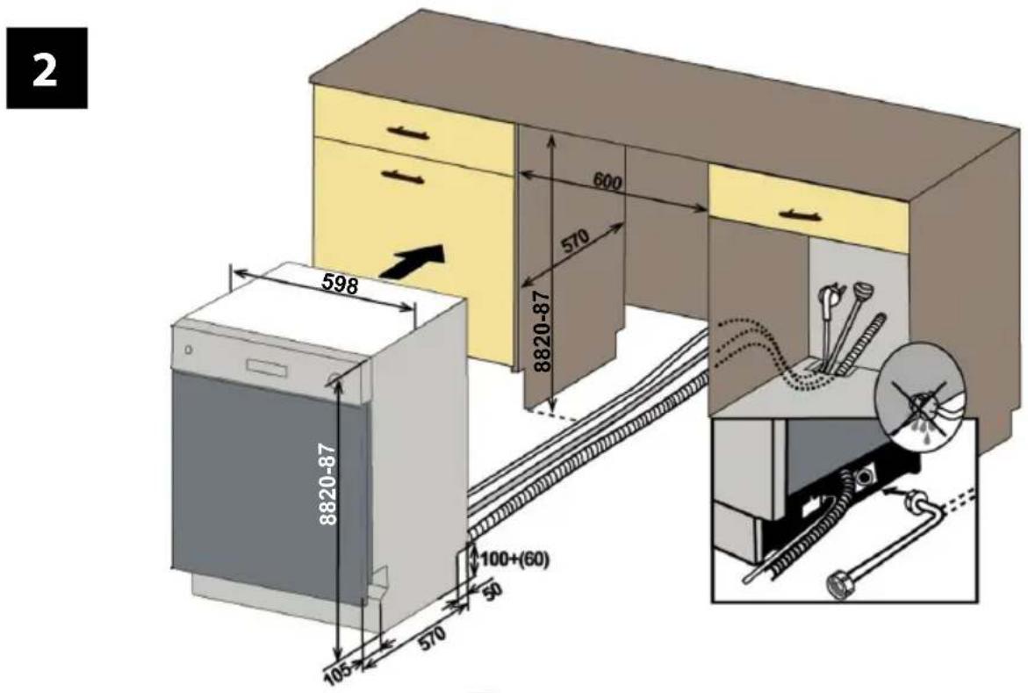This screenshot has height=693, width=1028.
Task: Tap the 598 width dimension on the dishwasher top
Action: tap(341, 284)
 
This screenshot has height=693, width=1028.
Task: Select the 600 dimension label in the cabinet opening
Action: tap(607, 182)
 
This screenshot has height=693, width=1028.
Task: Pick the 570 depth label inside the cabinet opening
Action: tap(576, 242)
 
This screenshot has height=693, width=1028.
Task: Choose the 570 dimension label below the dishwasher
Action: tap(431, 638)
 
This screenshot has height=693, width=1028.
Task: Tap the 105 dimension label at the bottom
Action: tap(338, 675)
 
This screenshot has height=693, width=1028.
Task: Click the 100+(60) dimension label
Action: tap(514, 559)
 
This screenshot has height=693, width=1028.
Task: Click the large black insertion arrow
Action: tap(411, 261)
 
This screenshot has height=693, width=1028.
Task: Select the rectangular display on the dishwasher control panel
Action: tap(267, 365)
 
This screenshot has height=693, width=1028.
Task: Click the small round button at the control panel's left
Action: tap(189, 350)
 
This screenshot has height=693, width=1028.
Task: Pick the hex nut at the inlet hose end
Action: tap(839, 583)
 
